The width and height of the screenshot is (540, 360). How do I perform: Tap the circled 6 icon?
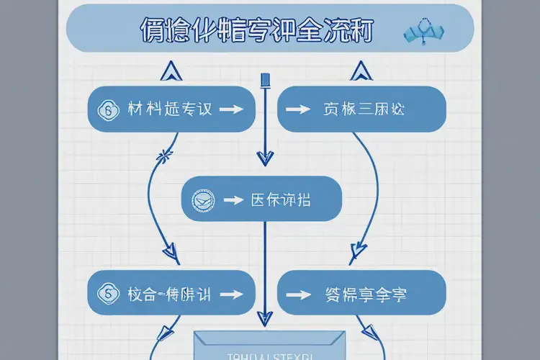point(110,110)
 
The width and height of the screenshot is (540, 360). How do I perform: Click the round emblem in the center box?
point(203,200)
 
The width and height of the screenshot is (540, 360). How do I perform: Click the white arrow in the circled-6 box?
point(230,109)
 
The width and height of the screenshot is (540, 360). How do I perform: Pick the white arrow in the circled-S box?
point(230,294)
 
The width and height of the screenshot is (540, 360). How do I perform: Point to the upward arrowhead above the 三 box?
point(359,70)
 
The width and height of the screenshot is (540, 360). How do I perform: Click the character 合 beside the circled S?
point(149,294)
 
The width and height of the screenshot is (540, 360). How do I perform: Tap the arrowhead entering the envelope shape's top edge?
point(265,320)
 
